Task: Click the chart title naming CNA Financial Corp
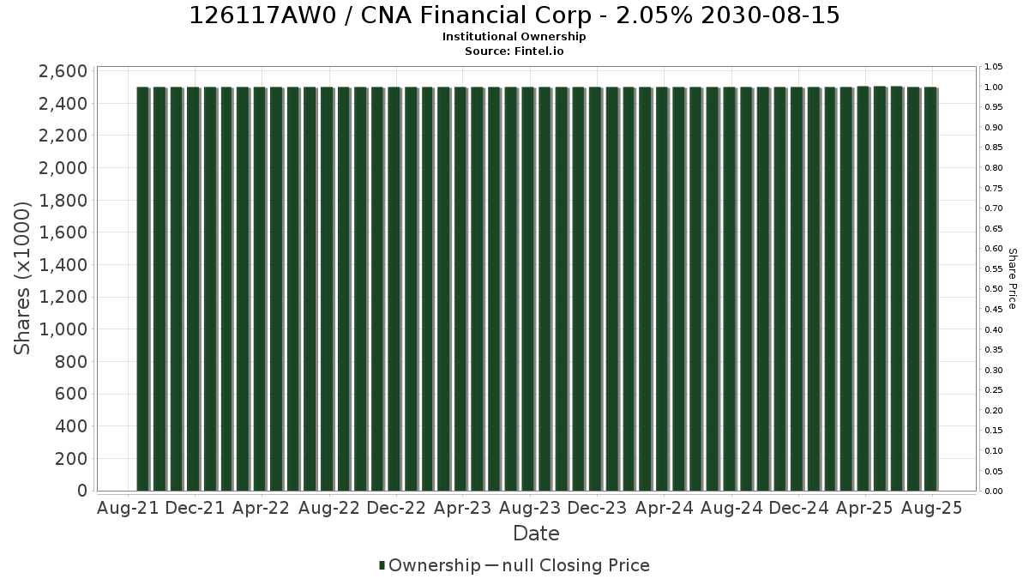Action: click(514, 15)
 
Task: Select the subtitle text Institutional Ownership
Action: click(514, 37)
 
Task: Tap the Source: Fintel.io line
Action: click(514, 51)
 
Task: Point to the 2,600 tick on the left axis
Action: click(63, 71)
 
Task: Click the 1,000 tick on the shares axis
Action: click(63, 329)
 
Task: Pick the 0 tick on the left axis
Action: click(82, 491)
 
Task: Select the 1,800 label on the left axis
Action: click(63, 201)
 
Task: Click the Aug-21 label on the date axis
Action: click(128, 508)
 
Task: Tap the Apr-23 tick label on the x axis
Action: click(462, 508)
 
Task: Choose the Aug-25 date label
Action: click(931, 508)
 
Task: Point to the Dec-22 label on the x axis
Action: click(396, 508)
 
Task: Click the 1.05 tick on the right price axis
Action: click(993, 67)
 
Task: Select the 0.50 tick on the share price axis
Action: click(993, 289)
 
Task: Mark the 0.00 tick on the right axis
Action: click(993, 492)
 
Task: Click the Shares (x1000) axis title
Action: click(22, 278)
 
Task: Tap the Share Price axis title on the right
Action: click(1012, 279)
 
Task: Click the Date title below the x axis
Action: click(536, 534)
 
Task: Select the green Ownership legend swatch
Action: click(382, 565)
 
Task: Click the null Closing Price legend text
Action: click(576, 565)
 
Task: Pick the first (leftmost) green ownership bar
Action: click(143, 288)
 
